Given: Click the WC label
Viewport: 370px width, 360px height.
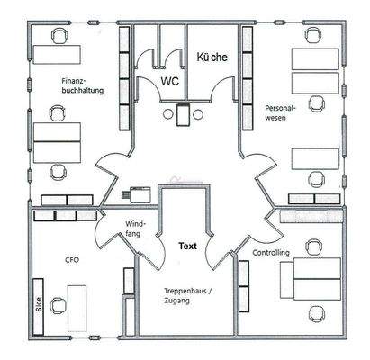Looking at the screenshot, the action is tap(170, 81).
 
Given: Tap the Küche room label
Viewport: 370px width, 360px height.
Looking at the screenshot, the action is tap(212, 57).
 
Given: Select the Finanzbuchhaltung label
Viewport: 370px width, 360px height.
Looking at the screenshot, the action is tap(83, 85).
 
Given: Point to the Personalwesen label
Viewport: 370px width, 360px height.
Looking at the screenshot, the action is tap(280, 112).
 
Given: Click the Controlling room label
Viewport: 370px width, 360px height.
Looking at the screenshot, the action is tap(271, 253).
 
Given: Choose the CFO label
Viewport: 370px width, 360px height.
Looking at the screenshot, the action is tap(72, 259).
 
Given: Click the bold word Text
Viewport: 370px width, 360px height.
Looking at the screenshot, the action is tap(188, 247).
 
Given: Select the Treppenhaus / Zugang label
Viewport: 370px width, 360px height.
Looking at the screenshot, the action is tap(188, 296).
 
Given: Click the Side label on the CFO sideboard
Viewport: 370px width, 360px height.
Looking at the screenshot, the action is tap(39, 304).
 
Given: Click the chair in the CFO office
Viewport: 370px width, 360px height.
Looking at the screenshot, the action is tap(58, 306).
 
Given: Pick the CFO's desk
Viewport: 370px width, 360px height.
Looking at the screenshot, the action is tap(77, 308).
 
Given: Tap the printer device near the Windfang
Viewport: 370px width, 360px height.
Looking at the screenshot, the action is tap(136, 194).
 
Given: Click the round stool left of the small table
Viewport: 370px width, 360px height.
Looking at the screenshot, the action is tap(168, 114).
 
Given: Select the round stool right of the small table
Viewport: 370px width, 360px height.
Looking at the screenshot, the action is tap(198, 114).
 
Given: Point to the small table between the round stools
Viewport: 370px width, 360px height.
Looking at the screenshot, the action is tap(183, 114).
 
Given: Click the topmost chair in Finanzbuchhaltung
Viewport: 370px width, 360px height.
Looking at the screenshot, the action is tap(60, 37).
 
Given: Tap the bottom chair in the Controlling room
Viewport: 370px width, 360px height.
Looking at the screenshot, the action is tap(318, 314).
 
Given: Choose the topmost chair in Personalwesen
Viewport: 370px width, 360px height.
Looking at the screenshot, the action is tap(313, 36).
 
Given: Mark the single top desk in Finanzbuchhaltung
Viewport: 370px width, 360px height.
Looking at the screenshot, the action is tap(57, 55).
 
